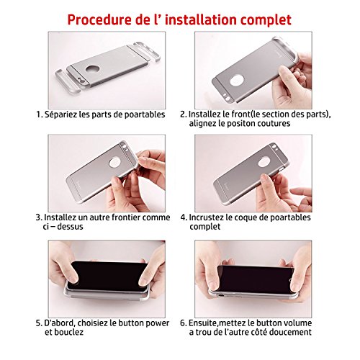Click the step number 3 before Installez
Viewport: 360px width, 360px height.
pos(37,216)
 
